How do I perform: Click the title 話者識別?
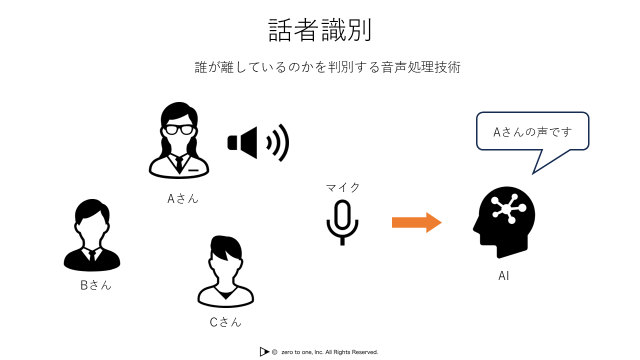tap(320, 31)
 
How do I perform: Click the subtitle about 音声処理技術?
tap(327, 67)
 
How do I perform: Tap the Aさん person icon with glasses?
tap(179, 142)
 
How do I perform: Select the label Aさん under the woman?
tap(183, 198)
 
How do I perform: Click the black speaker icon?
tap(258, 142)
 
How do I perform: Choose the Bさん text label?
tap(96, 285)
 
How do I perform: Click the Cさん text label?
tap(225, 322)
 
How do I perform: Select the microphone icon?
tap(342, 222)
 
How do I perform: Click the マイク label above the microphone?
tap(343, 187)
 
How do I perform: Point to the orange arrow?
tap(416, 222)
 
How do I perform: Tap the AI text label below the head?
tap(504, 276)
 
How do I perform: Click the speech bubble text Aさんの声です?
tap(532, 132)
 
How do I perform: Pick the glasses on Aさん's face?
tap(178, 129)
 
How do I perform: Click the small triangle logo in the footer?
tap(264, 352)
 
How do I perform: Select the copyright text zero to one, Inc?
tap(329, 352)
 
